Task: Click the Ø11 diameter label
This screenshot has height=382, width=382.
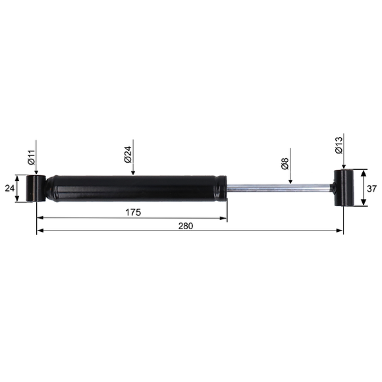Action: coord(32,157)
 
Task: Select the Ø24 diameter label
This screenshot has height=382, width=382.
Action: coord(128,155)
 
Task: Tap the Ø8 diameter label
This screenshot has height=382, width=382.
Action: coord(285,163)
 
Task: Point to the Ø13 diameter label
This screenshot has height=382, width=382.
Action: coord(339,145)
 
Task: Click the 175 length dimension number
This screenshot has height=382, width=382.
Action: coord(133,213)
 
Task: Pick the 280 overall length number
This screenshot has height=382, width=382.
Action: coord(186,226)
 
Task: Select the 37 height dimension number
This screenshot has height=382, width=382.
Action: coord(371,188)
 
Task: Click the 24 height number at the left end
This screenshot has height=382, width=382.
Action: coord(10,188)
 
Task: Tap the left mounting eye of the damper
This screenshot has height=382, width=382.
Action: coord(36,188)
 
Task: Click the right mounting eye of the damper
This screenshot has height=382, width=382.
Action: coord(344,188)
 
